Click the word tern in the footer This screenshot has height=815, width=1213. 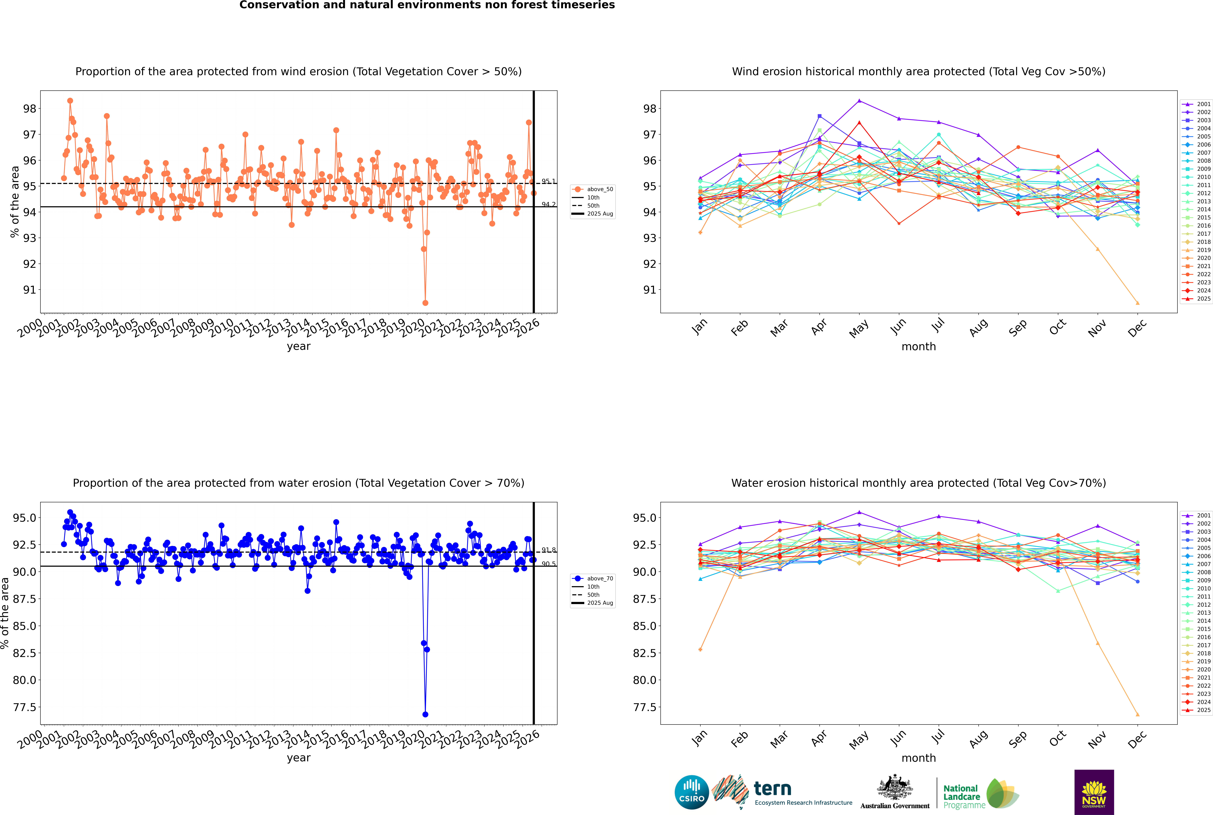(x=773, y=789)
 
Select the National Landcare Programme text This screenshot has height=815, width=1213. (x=961, y=796)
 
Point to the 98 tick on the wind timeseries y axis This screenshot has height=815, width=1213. (x=30, y=109)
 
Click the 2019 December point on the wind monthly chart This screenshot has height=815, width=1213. (x=1138, y=303)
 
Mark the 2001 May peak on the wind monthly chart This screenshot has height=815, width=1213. (x=859, y=101)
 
